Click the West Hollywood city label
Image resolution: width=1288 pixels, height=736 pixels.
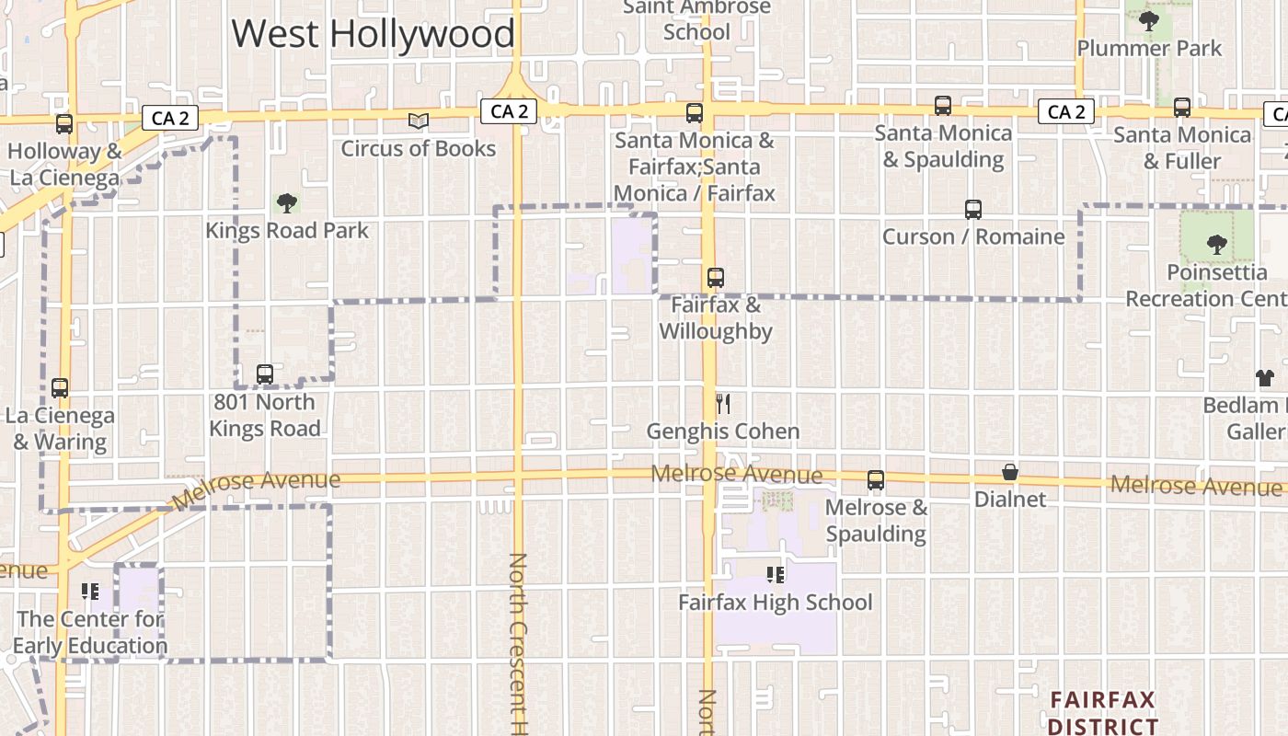pos(373,34)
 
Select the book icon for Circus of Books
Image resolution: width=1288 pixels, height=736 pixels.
pos(419,121)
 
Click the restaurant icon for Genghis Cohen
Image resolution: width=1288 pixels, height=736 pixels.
pos(723,404)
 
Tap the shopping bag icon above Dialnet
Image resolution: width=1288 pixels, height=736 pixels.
pos(1010,472)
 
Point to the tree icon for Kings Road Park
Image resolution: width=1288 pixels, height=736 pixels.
pos(287,202)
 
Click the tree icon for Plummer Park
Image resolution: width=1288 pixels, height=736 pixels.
pos(1148,20)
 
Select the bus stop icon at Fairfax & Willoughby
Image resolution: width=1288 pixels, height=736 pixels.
pos(715,277)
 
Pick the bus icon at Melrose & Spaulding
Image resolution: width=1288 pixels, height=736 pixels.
pos(876,479)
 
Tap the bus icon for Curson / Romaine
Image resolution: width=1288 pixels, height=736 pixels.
pos(973,209)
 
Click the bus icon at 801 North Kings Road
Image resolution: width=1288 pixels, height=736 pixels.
pos(265,374)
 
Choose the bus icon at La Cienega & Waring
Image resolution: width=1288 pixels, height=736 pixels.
pos(60,387)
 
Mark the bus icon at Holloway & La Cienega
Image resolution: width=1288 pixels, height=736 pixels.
pos(64,123)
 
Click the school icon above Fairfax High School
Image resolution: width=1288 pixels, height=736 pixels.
pos(776,575)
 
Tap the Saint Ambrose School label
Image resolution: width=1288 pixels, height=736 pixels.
pos(696,19)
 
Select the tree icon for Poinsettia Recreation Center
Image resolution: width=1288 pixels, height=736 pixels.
pos(1217,244)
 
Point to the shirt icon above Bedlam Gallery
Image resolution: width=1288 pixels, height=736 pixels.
pos(1265,378)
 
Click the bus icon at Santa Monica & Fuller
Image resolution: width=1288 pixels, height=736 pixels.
pos(1182,108)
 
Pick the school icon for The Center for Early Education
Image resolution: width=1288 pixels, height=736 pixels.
pos(90,591)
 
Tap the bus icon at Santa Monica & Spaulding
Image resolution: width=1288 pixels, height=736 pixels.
pos(943,105)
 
